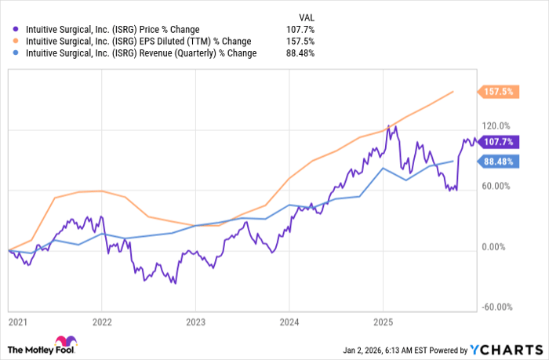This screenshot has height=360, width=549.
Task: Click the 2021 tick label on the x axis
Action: coord(16,322)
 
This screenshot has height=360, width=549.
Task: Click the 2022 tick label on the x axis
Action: coord(103,322)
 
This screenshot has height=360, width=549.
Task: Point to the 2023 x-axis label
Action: coord(196,322)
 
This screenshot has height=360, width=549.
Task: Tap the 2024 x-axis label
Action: coord(289,322)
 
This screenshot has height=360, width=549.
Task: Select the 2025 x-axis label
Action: coord(383,322)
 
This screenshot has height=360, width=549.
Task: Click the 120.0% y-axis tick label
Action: coord(496,125)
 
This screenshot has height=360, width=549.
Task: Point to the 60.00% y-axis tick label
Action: coord(496,186)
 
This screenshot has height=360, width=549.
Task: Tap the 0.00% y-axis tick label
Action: coord(498,247)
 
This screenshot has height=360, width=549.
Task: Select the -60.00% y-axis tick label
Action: coord(496,307)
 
